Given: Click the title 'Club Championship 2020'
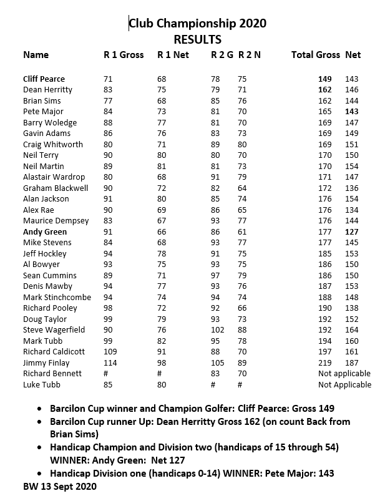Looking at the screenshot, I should point(197,24).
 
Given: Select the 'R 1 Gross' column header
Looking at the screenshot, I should point(124,55).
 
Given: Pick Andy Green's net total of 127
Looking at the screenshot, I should point(352,231).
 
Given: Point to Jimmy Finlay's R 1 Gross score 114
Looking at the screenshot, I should point(110,362).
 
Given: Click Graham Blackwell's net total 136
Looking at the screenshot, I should point(352,188).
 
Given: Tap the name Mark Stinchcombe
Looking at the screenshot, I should point(57,297).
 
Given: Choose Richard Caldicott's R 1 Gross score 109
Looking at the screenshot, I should point(110,352).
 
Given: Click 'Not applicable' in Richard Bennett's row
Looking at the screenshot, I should point(344,374).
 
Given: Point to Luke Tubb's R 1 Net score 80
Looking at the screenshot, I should point(162,384).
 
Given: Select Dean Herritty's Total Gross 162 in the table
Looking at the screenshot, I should point(324,90).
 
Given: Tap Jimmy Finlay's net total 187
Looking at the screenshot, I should point(352,362).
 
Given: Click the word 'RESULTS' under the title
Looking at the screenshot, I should point(197,39).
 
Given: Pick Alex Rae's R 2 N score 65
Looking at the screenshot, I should point(242,210).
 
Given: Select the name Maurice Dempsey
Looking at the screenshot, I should point(56,221).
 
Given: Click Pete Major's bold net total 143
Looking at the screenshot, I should point(352,112).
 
